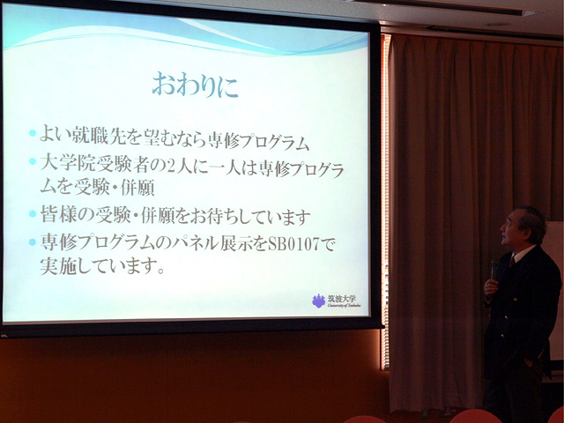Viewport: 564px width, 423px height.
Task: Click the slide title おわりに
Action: (x=195, y=85)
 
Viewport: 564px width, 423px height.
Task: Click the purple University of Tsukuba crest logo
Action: (x=318, y=301)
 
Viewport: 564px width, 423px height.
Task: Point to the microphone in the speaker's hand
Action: (x=495, y=269)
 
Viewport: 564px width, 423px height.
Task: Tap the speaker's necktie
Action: (x=511, y=260)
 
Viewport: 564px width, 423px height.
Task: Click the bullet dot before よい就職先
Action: (x=33, y=133)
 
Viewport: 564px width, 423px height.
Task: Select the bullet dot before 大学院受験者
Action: (x=33, y=160)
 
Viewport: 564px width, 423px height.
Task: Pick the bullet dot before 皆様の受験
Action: (x=33, y=213)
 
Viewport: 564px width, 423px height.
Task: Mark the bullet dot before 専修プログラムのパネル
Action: (x=33, y=242)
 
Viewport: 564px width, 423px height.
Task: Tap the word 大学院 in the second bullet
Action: (x=67, y=164)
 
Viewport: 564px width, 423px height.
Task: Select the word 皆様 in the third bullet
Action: (x=57, y=216)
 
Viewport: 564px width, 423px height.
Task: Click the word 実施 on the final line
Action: (x=57, y=266)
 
